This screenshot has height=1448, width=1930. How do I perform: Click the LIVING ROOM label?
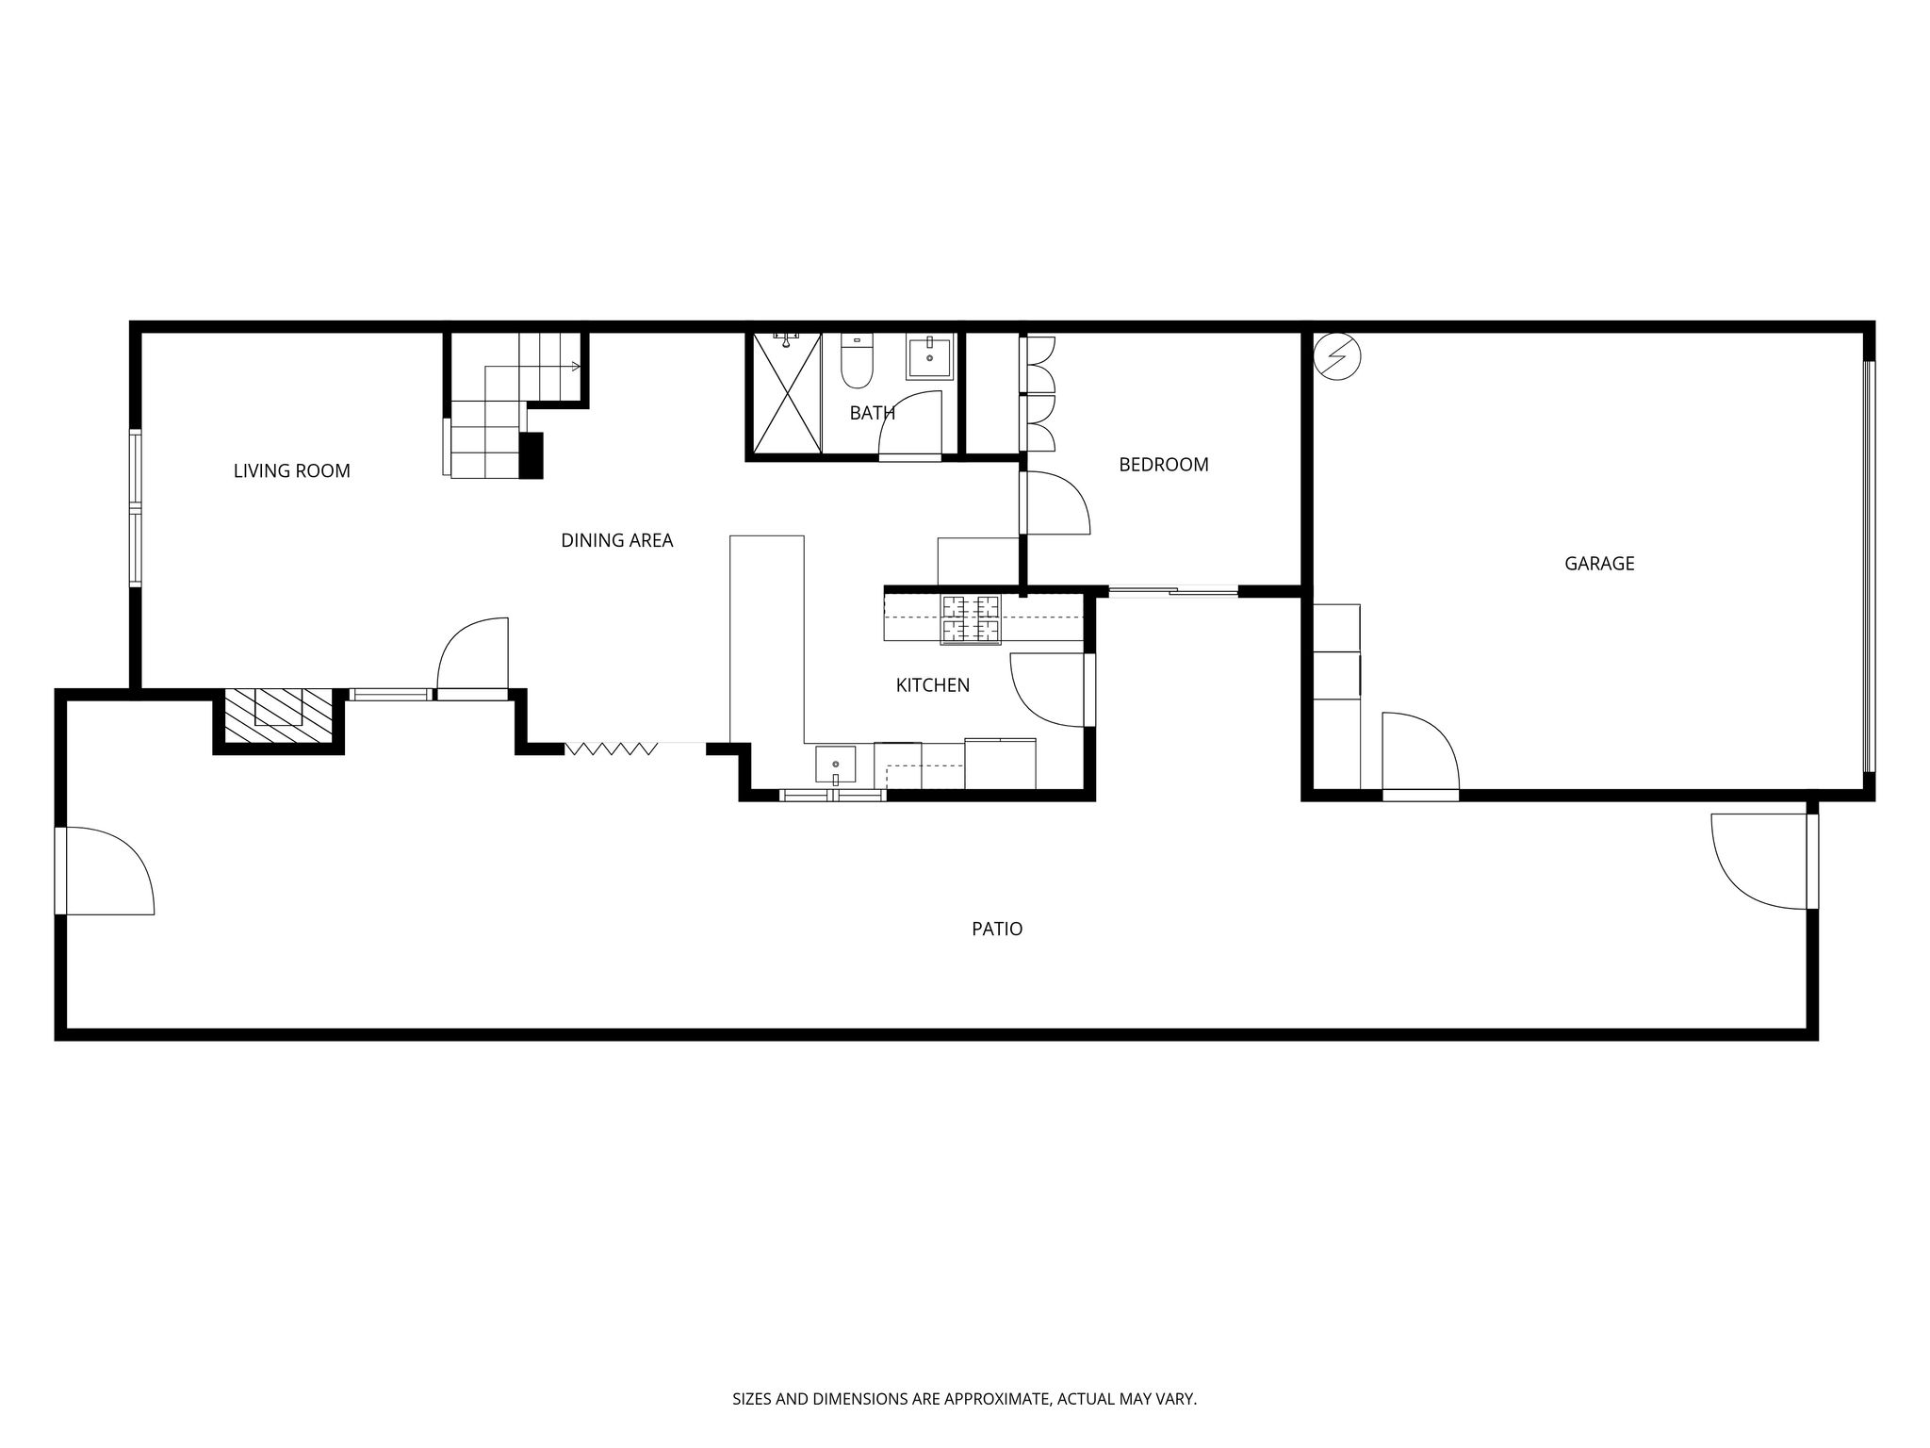291,471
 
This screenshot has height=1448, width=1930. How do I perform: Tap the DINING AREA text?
616,541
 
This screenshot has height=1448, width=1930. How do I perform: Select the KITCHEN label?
932,685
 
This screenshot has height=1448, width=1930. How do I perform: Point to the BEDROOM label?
1163,465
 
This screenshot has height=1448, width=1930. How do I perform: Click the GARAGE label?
1599,564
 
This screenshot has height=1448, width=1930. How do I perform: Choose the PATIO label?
997,930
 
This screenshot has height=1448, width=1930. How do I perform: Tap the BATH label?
872,413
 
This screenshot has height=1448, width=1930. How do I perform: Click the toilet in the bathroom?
857,362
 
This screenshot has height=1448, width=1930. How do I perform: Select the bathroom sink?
930,357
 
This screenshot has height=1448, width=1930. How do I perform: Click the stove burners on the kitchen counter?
971,618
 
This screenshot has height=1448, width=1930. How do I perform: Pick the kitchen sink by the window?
836,765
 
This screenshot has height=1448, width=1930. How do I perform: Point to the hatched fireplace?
279,718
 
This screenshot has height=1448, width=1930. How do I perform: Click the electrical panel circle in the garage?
1337,356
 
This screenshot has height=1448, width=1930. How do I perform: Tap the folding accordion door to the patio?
611,749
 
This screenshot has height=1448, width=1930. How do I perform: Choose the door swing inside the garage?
1421,751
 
